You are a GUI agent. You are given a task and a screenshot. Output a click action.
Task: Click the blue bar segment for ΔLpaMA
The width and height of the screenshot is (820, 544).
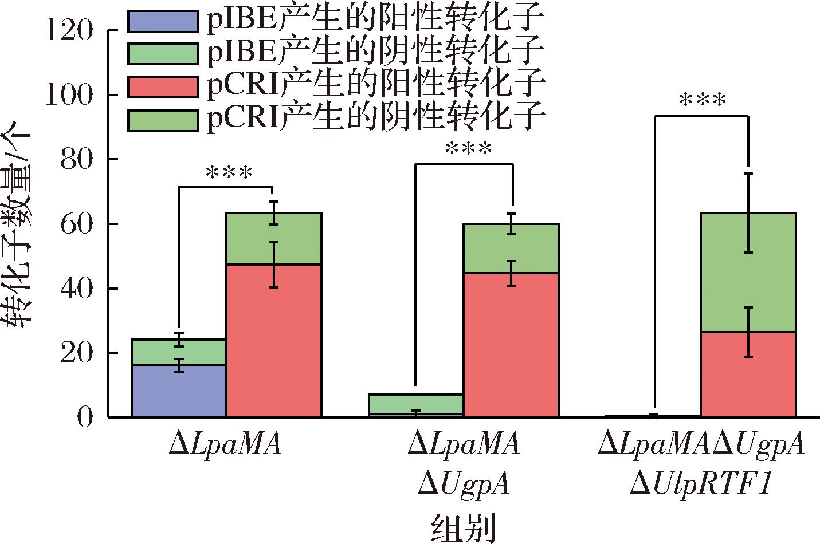pyautogui.click(x=179, y=391)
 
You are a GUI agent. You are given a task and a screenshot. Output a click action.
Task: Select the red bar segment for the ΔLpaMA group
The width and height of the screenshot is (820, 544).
pyautogui.click(x=273, y=340)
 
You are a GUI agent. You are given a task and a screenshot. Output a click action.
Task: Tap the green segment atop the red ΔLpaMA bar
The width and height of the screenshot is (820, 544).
pyautogui.click(x=273, y=238)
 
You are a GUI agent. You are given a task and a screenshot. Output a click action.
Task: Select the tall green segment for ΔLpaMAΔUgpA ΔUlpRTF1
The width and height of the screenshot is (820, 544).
pyautogui.click(x=748, y=272)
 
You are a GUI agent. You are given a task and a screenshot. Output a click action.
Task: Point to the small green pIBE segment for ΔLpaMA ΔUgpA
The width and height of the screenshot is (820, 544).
pyautogui.click(x=416, y=404)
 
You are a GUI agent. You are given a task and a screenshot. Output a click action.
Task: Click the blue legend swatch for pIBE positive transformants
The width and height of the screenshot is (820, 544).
pyautogui.click(x=162, y=21)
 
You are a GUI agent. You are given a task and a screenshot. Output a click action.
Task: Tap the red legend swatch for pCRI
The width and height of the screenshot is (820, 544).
pyautogui.click(x=162, y=86)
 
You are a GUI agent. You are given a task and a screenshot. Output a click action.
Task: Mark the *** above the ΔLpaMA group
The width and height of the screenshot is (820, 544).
pyautogui.click(x=228, y=172)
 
